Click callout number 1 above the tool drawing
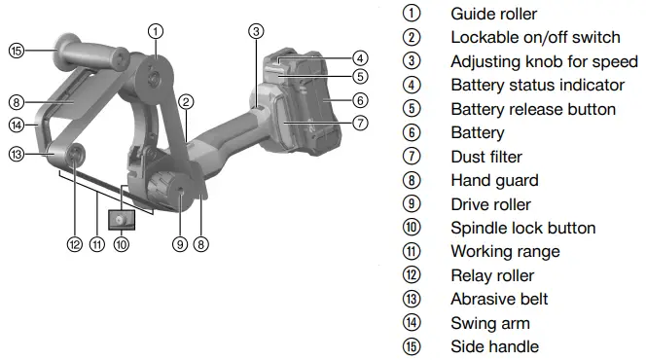156,30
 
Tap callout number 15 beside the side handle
17,51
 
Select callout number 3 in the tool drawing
256,30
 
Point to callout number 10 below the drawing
121,245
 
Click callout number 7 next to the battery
360,124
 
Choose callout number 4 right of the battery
360,57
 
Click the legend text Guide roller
493,14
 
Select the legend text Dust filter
486,157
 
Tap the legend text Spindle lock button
522,228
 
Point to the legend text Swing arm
490,323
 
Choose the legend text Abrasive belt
499,299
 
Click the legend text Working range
505,251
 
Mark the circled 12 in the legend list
413,275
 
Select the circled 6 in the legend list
413,132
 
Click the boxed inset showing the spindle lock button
121,221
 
